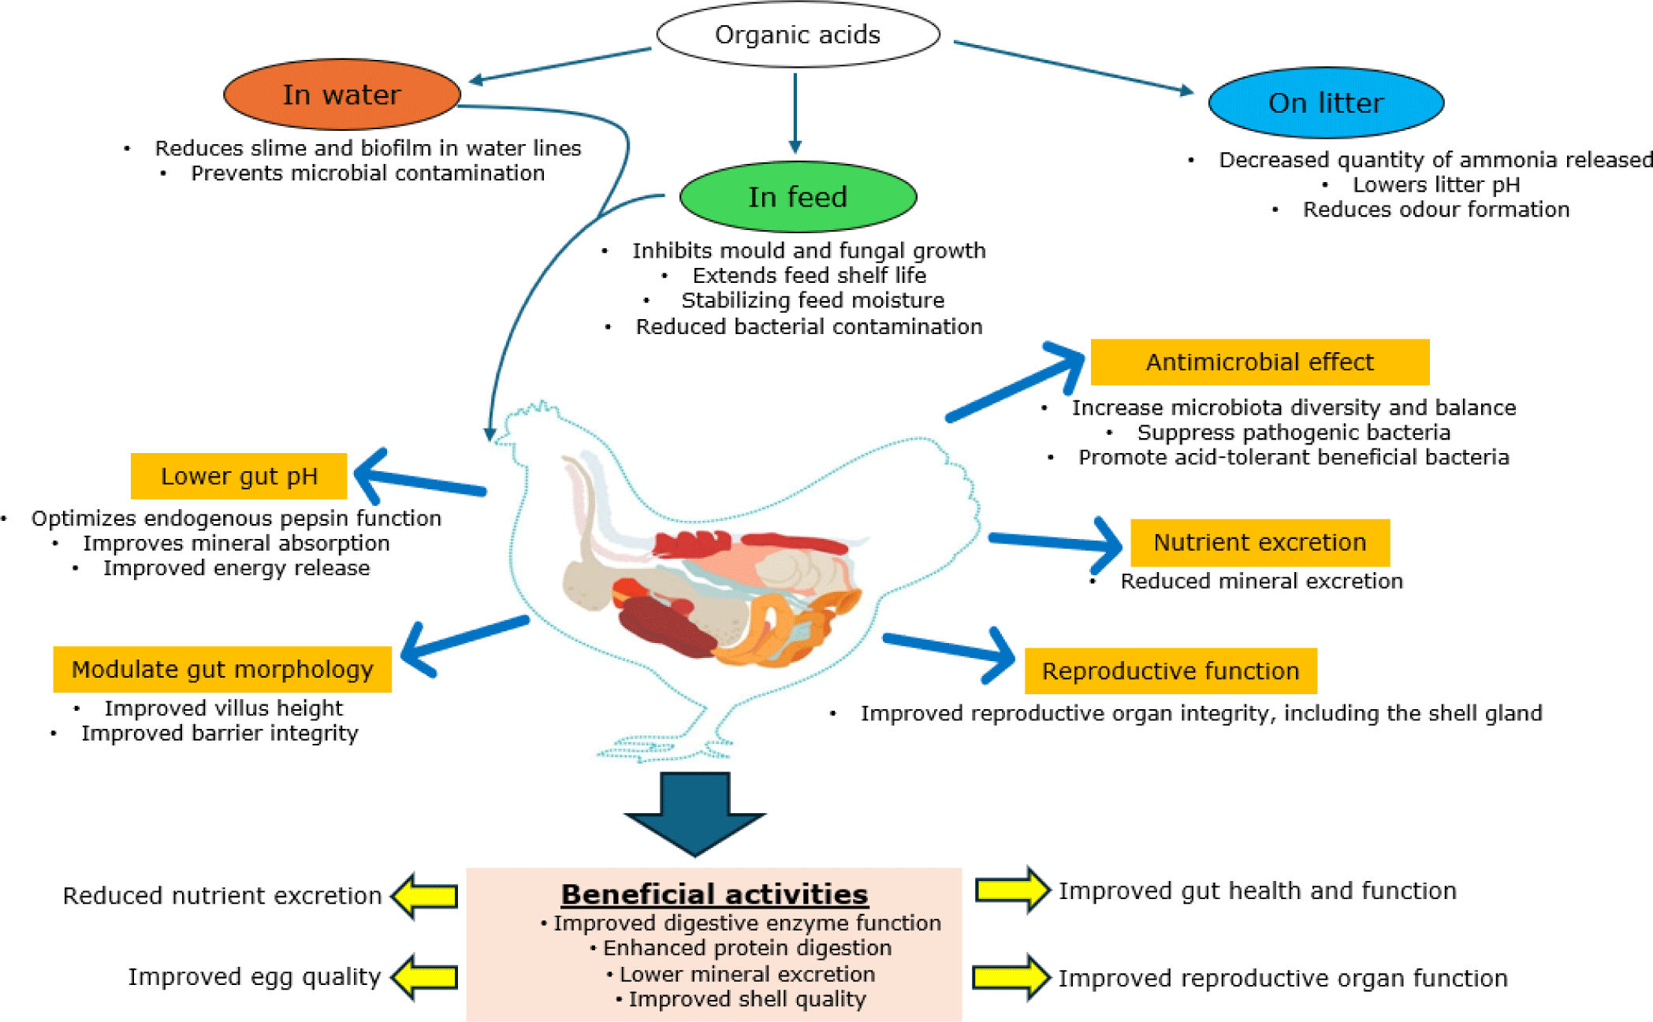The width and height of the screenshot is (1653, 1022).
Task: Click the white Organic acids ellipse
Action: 798,35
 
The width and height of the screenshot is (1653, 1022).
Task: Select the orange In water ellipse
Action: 342,95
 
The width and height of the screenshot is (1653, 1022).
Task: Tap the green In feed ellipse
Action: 798,197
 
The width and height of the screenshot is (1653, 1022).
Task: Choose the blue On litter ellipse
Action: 1326,102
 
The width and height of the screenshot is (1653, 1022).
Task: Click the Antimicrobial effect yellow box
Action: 1260,362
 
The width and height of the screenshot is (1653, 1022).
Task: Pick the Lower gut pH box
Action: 239,476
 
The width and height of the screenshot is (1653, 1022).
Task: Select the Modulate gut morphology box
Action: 222,670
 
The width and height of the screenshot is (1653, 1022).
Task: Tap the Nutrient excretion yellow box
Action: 1260,543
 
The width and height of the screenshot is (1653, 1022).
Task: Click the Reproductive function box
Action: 1171,671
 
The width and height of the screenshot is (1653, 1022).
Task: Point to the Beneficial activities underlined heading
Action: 714,894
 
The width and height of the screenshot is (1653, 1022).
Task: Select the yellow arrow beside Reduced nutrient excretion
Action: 426,896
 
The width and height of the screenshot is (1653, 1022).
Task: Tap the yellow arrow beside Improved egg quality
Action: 426,978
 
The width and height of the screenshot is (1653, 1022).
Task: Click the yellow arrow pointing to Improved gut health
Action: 1012,890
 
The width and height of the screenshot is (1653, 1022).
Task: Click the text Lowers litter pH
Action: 1436,184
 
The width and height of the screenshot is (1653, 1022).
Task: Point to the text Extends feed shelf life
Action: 810,276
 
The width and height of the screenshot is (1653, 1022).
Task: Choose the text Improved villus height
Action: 224,708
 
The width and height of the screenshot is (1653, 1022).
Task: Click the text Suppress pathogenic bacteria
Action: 1294,433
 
